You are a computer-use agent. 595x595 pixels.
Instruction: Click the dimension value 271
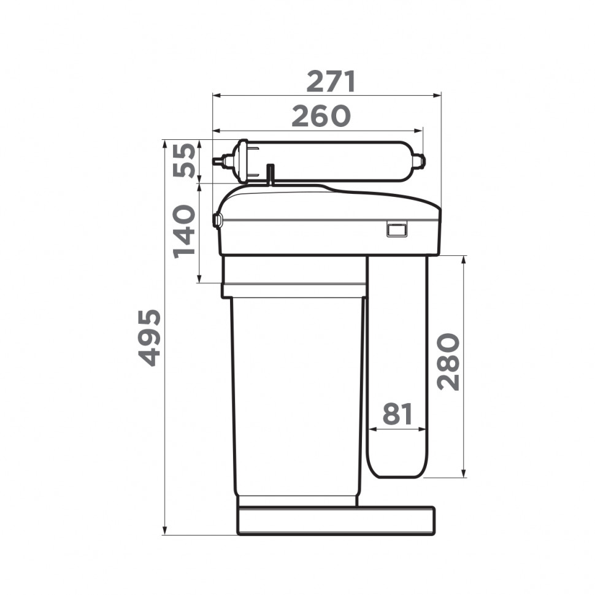click(x=331, y=82)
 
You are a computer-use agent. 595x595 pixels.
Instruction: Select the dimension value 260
click(x=321, y=117)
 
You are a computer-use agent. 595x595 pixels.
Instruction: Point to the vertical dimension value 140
click(x=185, y=232)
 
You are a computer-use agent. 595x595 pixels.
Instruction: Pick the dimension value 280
click(x=449, y=362)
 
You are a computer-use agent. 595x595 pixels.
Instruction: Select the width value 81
click(x=397, y=415)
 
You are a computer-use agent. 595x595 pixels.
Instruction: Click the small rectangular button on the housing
click(x=396, y=229)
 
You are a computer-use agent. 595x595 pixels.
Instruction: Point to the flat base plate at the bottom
click(x=336, y=520)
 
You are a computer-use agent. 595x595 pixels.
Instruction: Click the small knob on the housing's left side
click(x=217, y=219)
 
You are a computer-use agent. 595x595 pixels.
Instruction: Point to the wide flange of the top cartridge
click(x=243, y=161)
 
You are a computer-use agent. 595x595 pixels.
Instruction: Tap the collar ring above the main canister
click(x=294, y=290)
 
